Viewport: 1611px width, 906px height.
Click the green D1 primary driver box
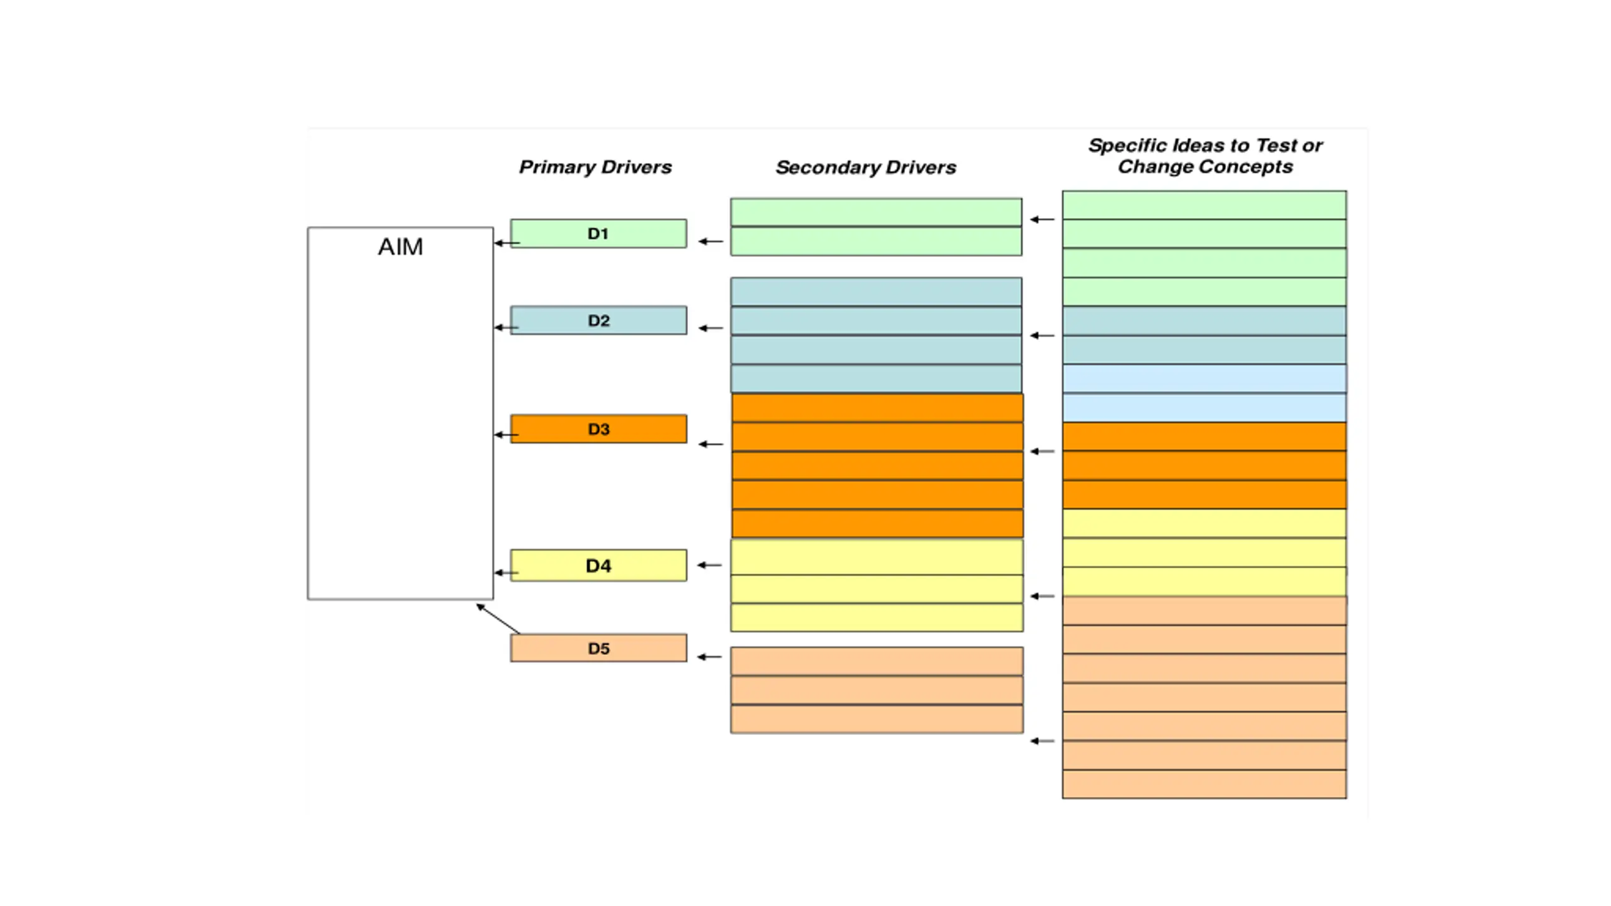[598, 233]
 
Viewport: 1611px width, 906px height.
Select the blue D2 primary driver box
[598, 320]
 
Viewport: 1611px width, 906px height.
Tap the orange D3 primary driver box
[598, 428]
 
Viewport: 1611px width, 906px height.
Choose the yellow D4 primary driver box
[598, 565]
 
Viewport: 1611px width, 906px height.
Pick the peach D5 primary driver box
[598, 648]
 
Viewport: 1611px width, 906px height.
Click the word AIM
[400, 247]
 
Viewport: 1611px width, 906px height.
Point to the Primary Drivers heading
[595, 167]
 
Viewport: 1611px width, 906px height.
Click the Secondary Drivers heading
[866, 167]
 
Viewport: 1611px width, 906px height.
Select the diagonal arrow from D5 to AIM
[498, 619]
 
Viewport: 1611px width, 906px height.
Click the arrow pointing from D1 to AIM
[507, 243]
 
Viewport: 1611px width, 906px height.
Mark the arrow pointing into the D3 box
[711, 444]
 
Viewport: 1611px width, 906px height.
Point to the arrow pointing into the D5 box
[710, 657]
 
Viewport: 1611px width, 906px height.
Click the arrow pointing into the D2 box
[711, 328]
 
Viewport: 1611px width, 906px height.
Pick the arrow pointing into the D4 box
[710, 565]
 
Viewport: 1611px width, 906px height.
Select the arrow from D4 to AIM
[507, 573]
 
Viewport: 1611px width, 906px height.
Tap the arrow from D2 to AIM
[507, 327]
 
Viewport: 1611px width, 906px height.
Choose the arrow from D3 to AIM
[507, 434]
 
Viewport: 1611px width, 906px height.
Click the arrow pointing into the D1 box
[711, 241]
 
